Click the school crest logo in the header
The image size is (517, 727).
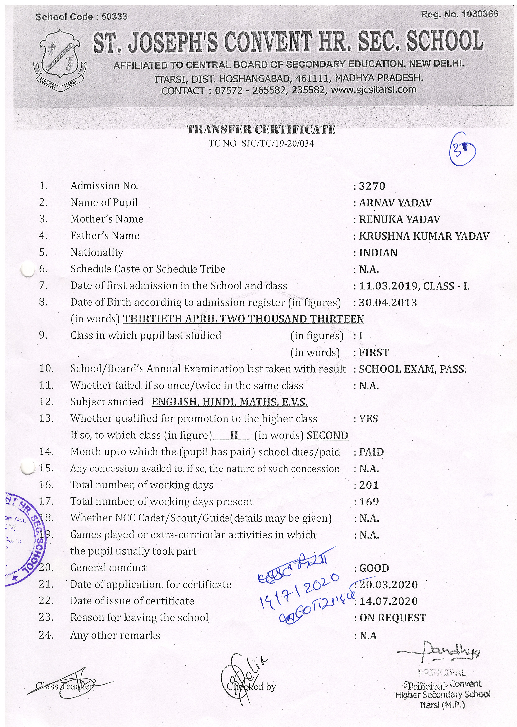(x=60, y=60)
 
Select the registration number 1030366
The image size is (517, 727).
(x=480, y=14)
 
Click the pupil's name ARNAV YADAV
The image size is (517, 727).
(x=395, y=203)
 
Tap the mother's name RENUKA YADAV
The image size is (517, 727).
(x=400, y=220)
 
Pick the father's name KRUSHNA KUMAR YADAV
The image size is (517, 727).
(x=424, y=236)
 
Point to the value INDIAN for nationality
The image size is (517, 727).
(x=378, y=253)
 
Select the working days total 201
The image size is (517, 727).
(x=369, y=485)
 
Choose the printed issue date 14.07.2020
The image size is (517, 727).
(x=389, y=601)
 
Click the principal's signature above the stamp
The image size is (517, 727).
(x=439, y=652)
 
